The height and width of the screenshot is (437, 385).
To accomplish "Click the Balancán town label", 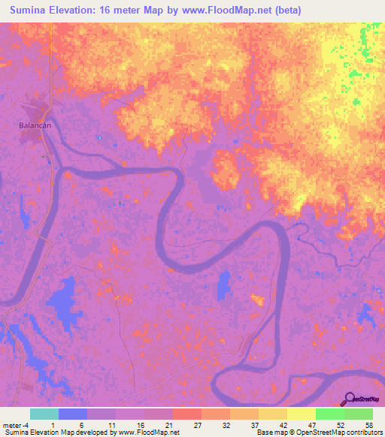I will coord(35,125).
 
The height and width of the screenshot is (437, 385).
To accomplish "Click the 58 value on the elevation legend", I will coord(368,425).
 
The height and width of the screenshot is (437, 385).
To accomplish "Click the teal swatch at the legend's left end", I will coord(44,414).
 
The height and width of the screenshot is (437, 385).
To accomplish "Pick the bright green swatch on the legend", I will coord(329,414).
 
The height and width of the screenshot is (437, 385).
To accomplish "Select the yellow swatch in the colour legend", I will coord(301,414).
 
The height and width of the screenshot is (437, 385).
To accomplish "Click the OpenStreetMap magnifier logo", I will coord(350,399).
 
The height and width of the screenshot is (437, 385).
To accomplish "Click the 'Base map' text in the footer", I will coord(270,432).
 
